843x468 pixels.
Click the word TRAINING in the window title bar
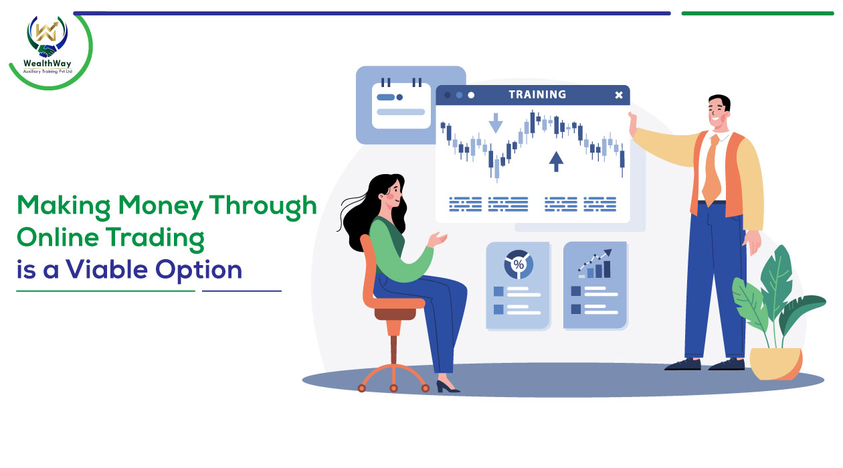tap(537, 94)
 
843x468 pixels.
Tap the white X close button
tap(619, 95)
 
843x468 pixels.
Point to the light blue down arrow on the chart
tap(496, 123)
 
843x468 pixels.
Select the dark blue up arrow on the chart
tap(556, 161)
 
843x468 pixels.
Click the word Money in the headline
tap(161, 207)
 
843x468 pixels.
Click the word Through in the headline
tap(263, 206)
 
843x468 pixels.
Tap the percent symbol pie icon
tap(519, 264)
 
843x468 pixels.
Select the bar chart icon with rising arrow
tap(595, 264)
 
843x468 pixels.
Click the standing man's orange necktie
tap(711, 171)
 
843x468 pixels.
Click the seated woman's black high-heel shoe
tap(447, 387)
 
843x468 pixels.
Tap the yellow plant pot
tap(775, 364)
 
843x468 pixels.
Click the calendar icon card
tap(401, 104)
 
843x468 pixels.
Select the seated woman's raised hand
tap(438, 239)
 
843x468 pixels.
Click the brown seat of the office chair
tap(395, 313)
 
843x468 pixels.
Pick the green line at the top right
tap(757, 13)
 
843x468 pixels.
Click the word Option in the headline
tap(198, 270)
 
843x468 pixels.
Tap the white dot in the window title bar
tap(471, 95)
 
